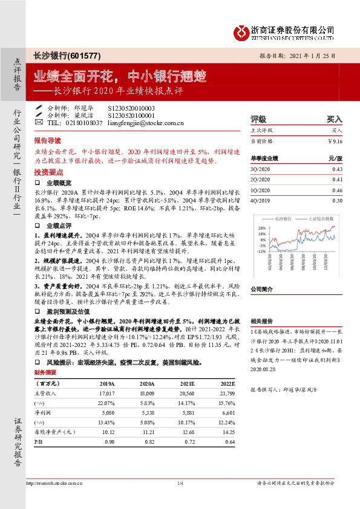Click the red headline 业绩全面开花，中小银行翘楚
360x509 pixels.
pos(120,77)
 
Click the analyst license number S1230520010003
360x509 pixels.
pos(131,108)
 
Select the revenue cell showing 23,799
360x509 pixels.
pos(224,393)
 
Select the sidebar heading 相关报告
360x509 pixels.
pos(261,322)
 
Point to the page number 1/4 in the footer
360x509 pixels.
pos(180,483)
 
